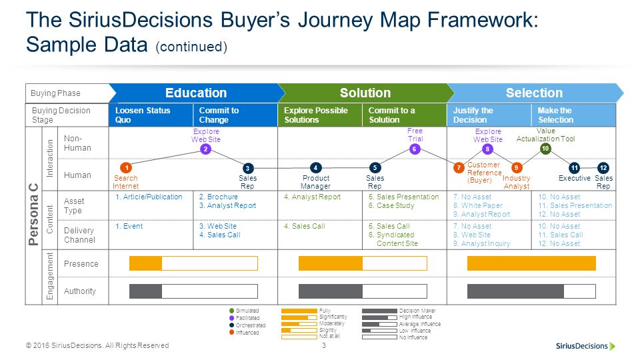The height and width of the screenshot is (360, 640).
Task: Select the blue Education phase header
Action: tap(195, 93)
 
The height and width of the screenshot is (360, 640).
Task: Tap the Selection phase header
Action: tap(534, 93)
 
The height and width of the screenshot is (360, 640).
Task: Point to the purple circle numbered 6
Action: tap(415, 149)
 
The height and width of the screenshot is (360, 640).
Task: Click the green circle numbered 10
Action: tap(545, 149)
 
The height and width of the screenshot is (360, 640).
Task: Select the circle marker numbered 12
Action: tap(603, 168)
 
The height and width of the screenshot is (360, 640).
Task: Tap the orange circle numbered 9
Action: tap(516, 168)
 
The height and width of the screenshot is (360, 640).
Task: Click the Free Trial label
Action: tap(415, 135)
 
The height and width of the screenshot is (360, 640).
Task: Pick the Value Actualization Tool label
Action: tap(545, 135)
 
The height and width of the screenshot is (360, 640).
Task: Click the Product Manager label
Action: tap(315, 182)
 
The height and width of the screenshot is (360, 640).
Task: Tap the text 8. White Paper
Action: tap(477, 206)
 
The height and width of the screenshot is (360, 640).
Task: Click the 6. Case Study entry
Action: tap(391, 206)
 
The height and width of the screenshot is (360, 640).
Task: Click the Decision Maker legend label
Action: tap(417, 311)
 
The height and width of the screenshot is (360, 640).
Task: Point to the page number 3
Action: tap(323, 345)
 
